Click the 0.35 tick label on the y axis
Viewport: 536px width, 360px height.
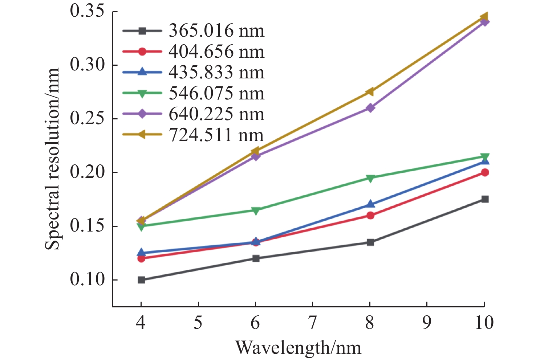[87, 11]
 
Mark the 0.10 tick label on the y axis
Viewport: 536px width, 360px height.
[87, 280]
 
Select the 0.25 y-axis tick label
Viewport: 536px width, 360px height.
[87, 119]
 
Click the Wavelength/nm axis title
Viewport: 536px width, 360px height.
[299, 348]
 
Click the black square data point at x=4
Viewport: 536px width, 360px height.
[141, 280]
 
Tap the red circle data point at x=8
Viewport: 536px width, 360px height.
[370, 215]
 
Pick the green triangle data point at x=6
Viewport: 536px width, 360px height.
[256, 210]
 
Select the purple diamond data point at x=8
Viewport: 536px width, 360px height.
[370, 108]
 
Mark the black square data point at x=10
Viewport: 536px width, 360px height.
[485, 199]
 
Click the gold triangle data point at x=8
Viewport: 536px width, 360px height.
[370, 91]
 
